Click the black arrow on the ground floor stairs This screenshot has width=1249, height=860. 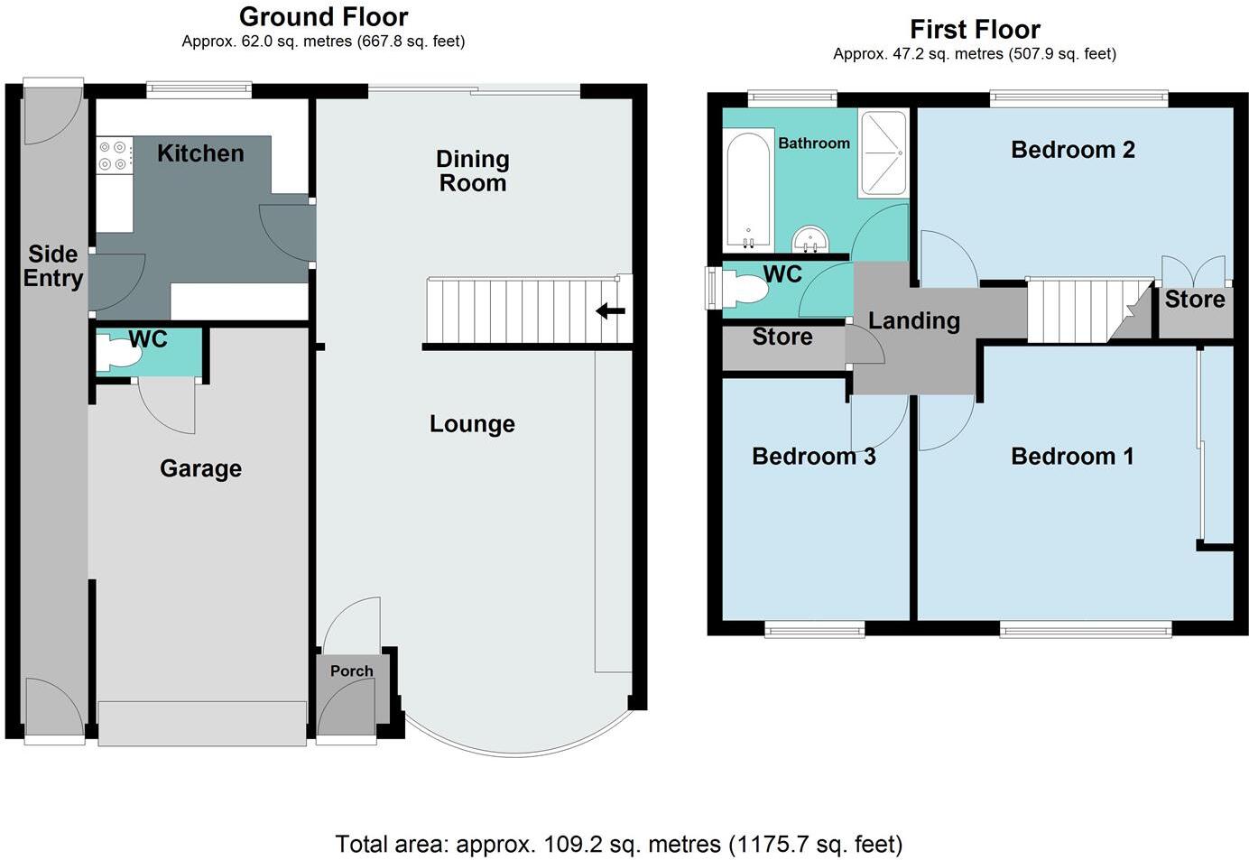pyautogui.click(x=610, y=312)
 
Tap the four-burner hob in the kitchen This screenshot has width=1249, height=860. pyautogui.click(x=115, y=154)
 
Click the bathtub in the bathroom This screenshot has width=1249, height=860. pyautogui.click(x=748, y=190)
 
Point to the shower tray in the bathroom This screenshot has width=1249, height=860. pyautogui.click(x=883, y=153)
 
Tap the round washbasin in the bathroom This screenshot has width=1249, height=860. pyautogui.click(x=810, y=240)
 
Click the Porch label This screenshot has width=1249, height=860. pyautogui.click(x=351, y=670)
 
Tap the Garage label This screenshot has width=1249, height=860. pyautogui.click(x=200, y=468)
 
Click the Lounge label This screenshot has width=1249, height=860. pyautogui.click(x=472, y=424)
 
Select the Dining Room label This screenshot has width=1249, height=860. pyautogui.click(x=472, y=171)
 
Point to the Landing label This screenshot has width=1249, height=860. pyautogui.click(x=913, y=320)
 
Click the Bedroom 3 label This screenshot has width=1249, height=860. pyautogui.click(x=813, y=457)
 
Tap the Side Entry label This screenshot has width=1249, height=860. pyautogui.click(x=53, y=266)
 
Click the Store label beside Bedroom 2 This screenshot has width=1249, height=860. pyautogui.click(x=1194, y=300)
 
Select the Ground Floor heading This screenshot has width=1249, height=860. pyautogui.click(x=323, y=16)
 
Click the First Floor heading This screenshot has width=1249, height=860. pyautogui.click(x=975, y=29)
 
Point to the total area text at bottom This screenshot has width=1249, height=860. pyautogui.click(x=618, y=844)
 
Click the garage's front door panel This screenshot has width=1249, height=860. pyautogui.click(x=202, y=723)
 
